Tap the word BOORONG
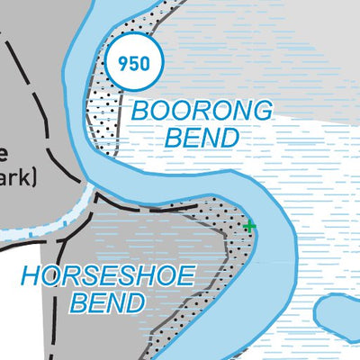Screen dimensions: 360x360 click(x=201, y=112)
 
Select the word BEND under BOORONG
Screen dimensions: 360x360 click(x=202, y=139)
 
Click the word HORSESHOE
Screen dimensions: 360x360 click(x=107, y=275)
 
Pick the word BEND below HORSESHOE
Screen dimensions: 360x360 click(x=106, y=302)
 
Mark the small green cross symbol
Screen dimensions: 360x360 click(x=250, y=226)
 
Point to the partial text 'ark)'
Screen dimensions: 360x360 click(x=17, y=177)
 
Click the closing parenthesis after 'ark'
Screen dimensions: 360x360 click(x=32, y=177)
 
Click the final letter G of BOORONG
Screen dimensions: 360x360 click(x=261, y=112)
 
